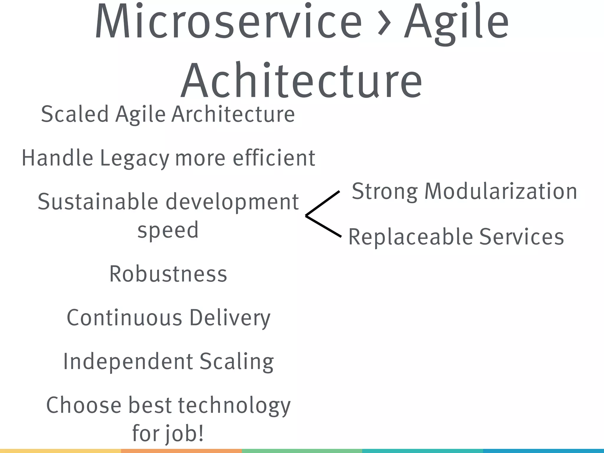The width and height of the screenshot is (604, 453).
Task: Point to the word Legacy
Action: point(135,159)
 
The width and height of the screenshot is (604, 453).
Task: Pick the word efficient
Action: point(274,158)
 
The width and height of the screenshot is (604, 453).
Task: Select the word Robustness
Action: point(168,274)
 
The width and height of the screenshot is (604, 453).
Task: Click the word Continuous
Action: point(124,318)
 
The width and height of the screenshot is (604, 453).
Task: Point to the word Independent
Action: point(128,362)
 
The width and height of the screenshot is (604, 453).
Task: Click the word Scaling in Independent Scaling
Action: point(237,362)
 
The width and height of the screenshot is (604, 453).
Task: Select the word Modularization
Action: point(500,191)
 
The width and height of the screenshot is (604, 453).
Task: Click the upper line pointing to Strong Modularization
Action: point(323,203)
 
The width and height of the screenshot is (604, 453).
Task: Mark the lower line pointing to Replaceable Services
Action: point(324,226)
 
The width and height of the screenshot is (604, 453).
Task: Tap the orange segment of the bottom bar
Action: point(181,451)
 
